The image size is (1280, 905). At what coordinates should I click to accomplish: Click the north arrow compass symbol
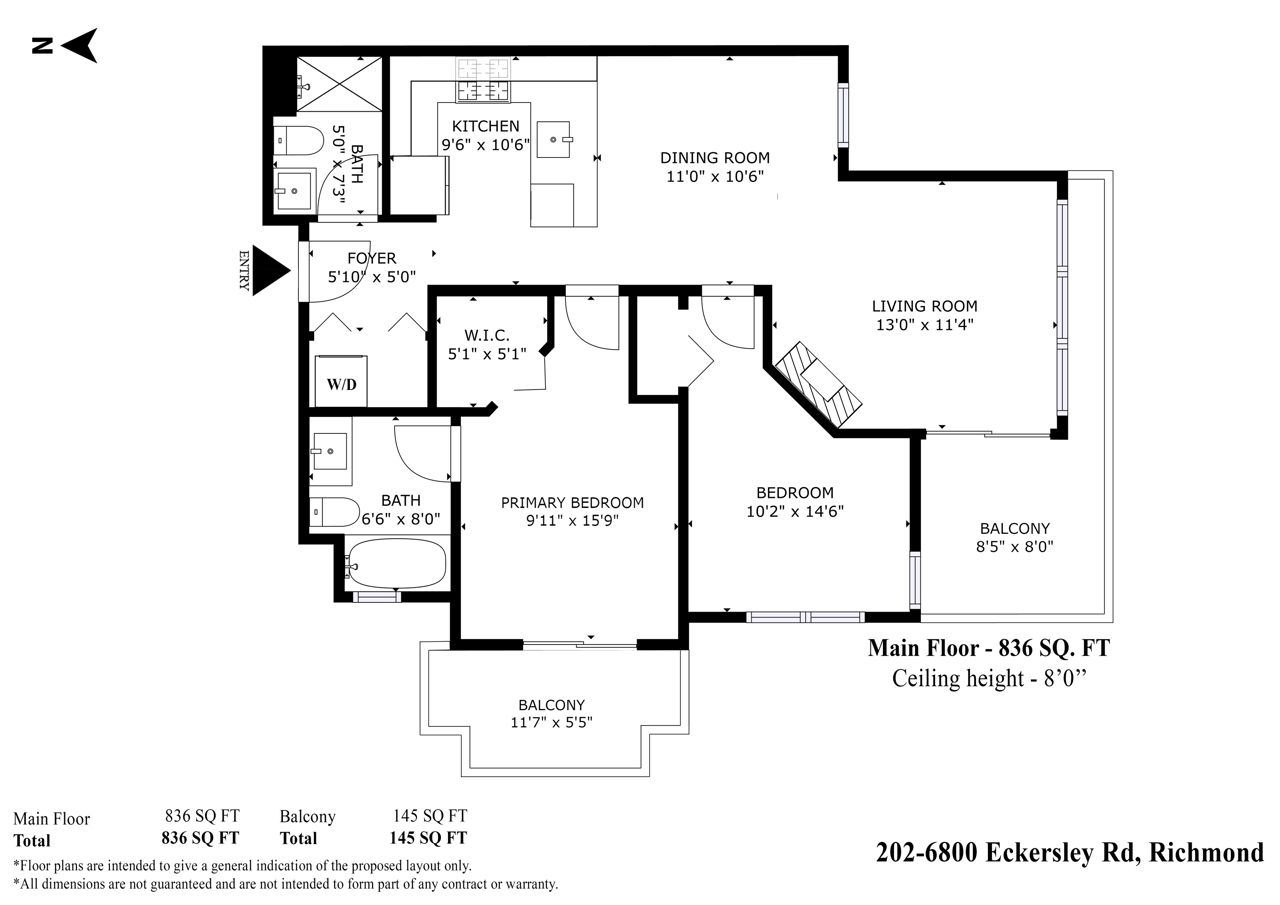click(80, 45)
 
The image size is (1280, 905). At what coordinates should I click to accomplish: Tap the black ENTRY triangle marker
click(271, 270)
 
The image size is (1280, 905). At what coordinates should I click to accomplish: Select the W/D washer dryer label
click(342, 384)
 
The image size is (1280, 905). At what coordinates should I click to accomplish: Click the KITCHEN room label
click(486, 126)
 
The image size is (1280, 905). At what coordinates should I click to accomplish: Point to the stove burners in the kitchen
click(483, 81)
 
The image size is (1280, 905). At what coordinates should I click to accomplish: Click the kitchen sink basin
click(553, 139)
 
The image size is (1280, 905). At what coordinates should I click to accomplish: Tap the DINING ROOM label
click(715, 158)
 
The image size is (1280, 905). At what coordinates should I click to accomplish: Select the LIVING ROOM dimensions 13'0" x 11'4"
click(925, 325)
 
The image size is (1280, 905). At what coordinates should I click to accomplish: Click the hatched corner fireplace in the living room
click(818, 384)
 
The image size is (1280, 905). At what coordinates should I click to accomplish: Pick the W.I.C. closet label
click(486, 335)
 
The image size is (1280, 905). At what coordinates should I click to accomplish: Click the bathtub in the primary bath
click(397, 563)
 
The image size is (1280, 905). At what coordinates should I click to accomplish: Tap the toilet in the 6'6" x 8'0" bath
click(335, 512)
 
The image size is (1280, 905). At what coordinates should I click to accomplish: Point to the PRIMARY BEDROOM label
click(573, 503)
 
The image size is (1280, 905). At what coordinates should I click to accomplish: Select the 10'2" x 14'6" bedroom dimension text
click(795, 511)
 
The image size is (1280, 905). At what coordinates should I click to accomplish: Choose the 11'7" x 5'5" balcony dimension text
click(551, 722)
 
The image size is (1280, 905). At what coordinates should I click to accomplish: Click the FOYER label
click(371, 258)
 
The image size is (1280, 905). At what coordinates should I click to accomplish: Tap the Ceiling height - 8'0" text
click(989, 679)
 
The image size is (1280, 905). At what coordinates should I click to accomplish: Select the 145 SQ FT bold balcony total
click(428, 838)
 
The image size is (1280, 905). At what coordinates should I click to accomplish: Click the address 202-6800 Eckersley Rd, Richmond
click(1070, 852)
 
